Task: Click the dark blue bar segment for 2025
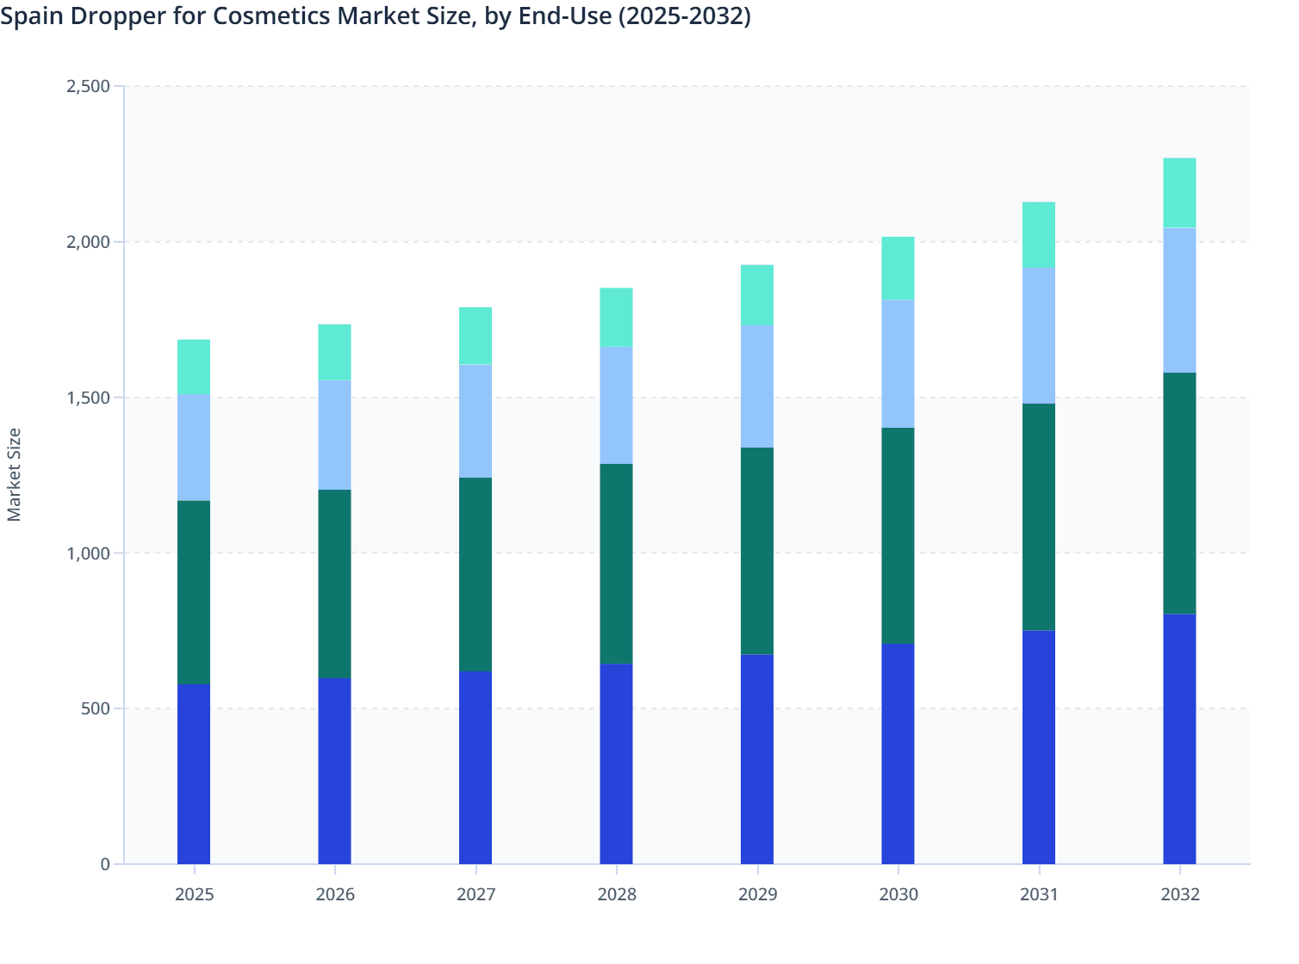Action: pyautogui.click(x=194, y=774)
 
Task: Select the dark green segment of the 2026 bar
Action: pyautogui.click(x=334, y=584)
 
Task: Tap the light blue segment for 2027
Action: pyautogui.click(x=475, y=421)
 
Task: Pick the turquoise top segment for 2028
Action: pyautogui.click(x=616, y=317)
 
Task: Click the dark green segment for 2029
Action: pyautogui.click(x=757, y=551)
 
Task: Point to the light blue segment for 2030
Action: pyautogui.click(x=898, y=363)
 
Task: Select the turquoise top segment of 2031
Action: pyautogui.click(x=1039, y=235)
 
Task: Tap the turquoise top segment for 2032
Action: pyautogui.click(x=1179, y=193)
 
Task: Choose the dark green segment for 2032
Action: pyautogui.click(x=1179, y=493)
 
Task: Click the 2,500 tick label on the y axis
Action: pyautogui.click(x=88, y=86)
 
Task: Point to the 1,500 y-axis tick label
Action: pyautogui.click(x=88, y=398)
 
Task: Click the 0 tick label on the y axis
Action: pyautogui.click(x=105, y=864)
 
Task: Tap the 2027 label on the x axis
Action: pyautogui.click(x=475, y=894)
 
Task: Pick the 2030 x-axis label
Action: pyautogui.click(x=898, y=894)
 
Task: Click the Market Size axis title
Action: pyautogui.click(x=14, y=474)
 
